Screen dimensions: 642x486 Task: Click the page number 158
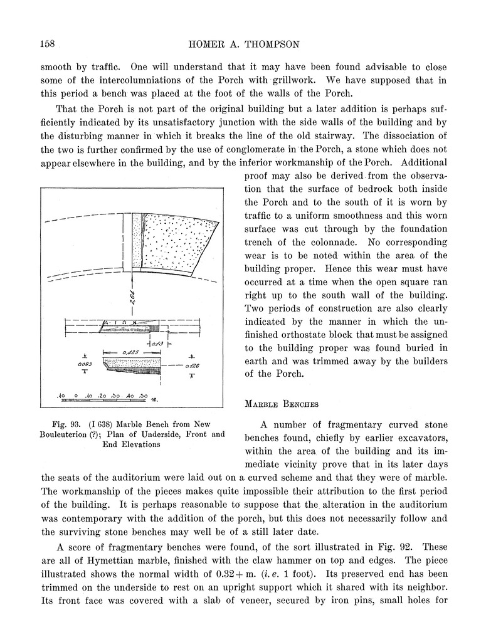click(x=48, y=44)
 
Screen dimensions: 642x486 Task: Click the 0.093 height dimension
click(x=84, y=364)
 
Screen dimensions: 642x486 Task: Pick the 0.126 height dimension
click(x=191, y=364)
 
